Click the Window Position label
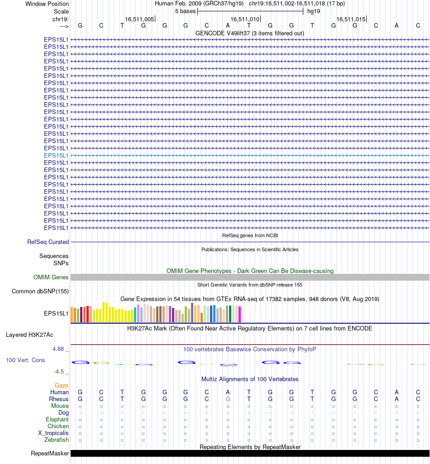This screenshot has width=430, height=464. [47, 4]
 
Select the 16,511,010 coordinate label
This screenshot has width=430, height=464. [245, 19]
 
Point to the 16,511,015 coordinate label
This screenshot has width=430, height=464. [350, 19]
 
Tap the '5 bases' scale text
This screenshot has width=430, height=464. [185, 11]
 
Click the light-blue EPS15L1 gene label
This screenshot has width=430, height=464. [56, 155]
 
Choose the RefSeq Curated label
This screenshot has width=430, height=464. [48, 242]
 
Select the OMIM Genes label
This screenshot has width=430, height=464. [51, 277]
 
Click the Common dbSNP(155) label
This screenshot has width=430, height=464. [40, 292]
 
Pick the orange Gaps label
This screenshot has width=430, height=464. [62, 386]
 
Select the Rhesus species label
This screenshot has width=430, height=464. [59, 399]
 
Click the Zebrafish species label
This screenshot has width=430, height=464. [57, 440]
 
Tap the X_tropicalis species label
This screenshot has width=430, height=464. [53, 433]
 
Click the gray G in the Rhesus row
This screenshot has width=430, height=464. [228, 399]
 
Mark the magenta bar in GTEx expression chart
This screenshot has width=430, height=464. [239, 315]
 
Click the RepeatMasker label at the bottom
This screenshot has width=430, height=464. [50, 454]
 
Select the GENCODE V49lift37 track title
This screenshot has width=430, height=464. [249, 33]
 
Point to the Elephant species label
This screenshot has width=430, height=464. [57, 420]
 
